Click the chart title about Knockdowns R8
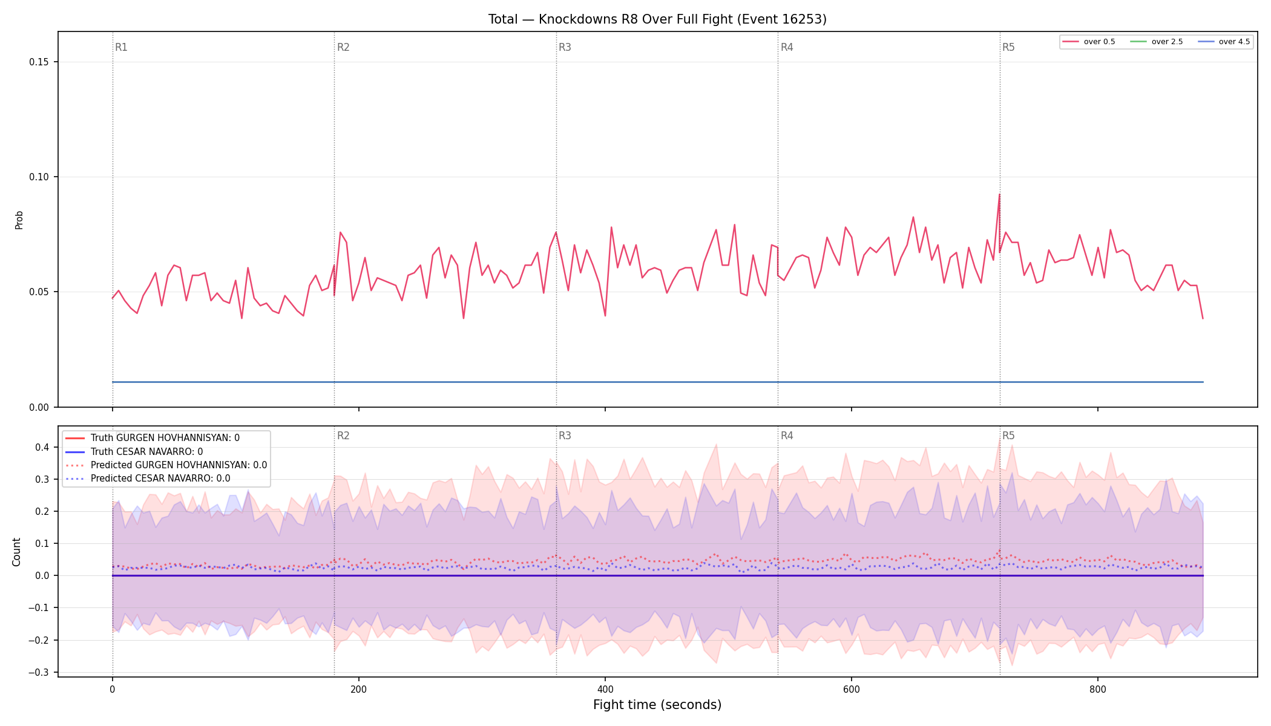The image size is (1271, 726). [657, 19]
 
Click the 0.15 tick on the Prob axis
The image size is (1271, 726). [39, 62]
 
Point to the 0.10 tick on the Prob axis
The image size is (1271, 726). [39, 177]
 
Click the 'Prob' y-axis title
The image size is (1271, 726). [19, 220]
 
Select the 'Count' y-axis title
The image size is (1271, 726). [16, 552]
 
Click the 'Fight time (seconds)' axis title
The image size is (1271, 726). [657, 705]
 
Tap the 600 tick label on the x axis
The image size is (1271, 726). [852, 689]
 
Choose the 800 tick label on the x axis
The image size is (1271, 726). [1098, 689]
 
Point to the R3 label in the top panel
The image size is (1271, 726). [565, 47]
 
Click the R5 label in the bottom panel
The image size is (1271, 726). [1008, 436]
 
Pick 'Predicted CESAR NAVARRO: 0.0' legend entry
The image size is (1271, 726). [148, 479]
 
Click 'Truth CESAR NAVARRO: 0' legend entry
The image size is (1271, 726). [134, 452]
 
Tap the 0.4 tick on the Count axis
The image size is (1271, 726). [42, 447]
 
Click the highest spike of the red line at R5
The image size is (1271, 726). [999, 194]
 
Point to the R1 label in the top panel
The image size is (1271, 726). [121, 47]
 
